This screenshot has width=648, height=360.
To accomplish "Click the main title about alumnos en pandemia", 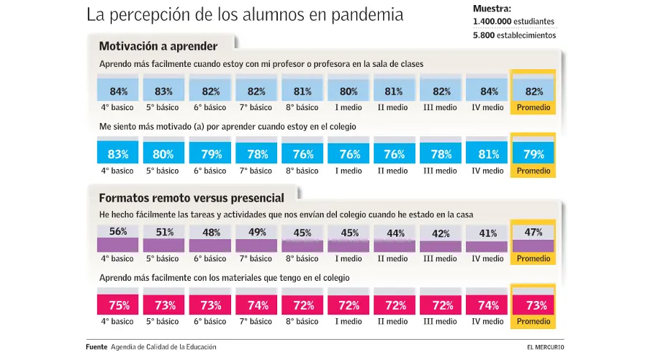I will [245, 15].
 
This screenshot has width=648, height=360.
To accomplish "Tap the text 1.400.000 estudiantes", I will [513, 22].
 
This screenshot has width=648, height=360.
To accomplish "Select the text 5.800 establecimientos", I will [514, 35].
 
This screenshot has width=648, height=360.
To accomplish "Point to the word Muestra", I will [492, 9].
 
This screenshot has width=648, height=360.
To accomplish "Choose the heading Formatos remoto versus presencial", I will [191, 197].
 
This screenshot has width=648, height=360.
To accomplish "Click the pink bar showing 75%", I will [118, 305].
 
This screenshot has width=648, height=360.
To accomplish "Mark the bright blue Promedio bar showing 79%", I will [534, 153].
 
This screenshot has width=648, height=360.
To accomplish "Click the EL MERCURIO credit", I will [545, 347].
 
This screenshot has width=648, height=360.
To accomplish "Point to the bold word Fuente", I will [96, 347].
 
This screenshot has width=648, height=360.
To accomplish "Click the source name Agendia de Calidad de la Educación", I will [163, 347].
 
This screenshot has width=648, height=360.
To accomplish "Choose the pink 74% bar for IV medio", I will [487, 305].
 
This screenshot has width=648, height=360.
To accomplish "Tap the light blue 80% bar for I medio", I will [349, 91].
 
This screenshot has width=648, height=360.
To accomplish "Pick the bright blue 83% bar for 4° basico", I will [118, 153].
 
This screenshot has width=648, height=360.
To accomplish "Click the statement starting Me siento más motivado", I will [228, 127].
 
